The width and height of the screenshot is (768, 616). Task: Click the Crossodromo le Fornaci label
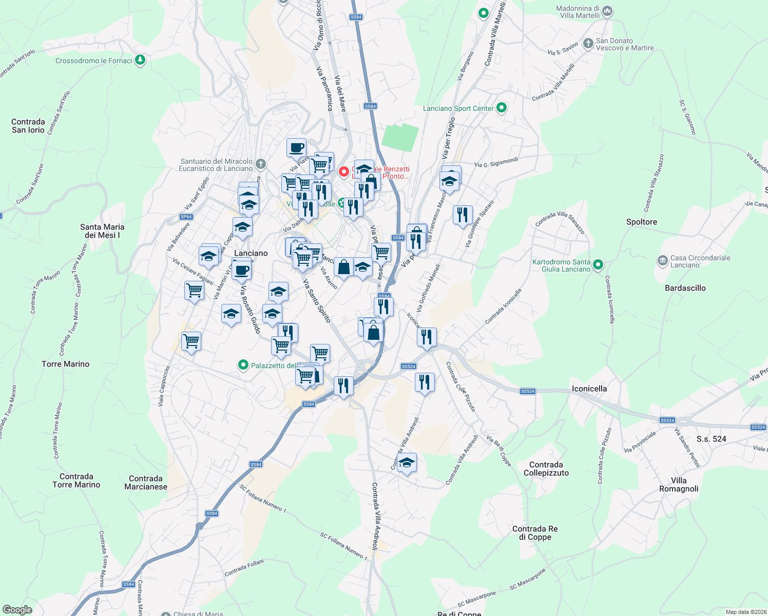point(93,61)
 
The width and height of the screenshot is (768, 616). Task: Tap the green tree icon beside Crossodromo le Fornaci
point(140,61)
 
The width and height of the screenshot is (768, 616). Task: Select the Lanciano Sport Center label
point(458,108)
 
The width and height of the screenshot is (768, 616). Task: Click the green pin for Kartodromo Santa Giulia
point(598,265)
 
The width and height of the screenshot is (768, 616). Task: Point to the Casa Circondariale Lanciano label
point(700,261)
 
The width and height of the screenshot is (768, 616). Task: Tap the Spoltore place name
point(641,222)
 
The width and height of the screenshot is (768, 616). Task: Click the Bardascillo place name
point(685,288)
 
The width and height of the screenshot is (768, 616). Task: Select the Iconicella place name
point(589,389)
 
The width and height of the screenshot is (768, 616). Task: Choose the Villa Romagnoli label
point(679,485)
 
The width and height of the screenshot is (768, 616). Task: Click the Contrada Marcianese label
point(146,483)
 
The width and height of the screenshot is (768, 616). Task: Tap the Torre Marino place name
point(65,364)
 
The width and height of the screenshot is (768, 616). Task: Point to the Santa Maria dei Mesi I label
point(102,231)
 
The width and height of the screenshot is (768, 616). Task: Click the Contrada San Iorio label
point(28,126)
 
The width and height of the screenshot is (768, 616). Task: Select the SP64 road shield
point(186,217)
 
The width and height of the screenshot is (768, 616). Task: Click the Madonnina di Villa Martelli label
point(578,12)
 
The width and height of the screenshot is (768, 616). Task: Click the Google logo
point(17,610)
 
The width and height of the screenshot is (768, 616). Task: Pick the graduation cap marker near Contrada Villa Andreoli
point(407,463)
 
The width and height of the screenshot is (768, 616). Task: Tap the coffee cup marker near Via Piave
point(296,148)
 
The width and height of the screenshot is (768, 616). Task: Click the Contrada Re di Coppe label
point(535,533)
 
